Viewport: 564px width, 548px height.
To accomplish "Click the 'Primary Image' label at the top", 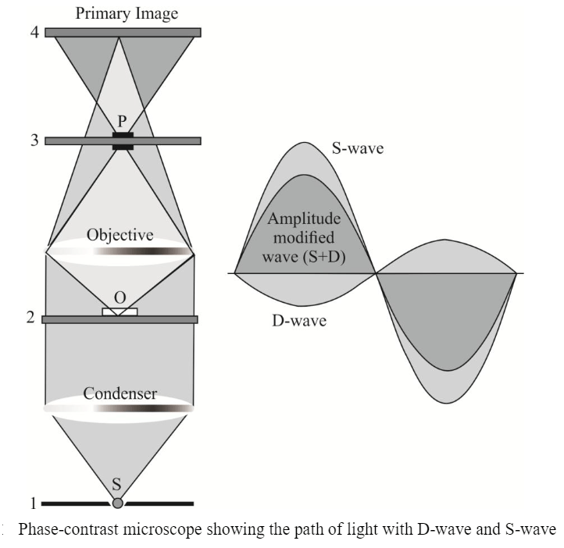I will click(126, 13).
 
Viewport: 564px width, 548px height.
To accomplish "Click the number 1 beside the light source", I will click(31, 502).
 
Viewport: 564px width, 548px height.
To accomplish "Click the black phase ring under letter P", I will click(123, 141).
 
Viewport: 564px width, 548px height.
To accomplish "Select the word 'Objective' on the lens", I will click(120, 235).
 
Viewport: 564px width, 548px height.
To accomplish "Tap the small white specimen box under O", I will click(120, 312).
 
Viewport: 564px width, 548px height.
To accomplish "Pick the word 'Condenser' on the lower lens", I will click(120, 393).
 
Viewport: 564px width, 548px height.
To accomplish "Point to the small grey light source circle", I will click(118, 503).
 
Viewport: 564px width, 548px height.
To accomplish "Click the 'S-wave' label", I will click(357, 148).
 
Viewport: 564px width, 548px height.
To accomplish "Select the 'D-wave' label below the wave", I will click(299, 321).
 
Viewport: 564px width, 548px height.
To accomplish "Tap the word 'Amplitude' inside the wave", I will click(304, 219).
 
